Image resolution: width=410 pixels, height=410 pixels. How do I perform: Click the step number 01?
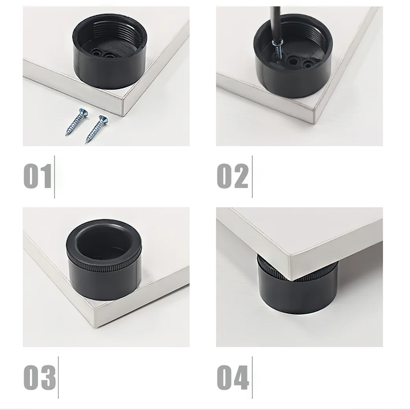point(38,177)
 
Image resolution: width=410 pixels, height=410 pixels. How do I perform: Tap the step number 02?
point(233,177)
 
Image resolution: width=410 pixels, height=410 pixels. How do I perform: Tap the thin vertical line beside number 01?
point(54,177)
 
